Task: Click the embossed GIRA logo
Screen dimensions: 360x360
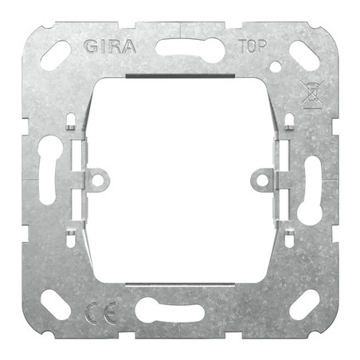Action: pos(110,47)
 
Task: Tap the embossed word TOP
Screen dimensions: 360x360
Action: pos(252,46)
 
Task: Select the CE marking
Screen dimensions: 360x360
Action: pos(101,313)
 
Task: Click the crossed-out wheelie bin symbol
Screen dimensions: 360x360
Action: pos(312,95)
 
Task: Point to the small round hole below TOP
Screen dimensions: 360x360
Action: pos(276,67)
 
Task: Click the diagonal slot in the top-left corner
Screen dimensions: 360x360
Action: pos(56,55)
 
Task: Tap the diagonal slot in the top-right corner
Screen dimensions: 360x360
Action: pos(304,55)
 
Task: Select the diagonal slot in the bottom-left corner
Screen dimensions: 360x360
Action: pos(56,304)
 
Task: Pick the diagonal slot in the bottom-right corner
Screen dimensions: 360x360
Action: pos(304,304)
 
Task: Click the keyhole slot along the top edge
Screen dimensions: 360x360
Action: pos(190,49)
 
